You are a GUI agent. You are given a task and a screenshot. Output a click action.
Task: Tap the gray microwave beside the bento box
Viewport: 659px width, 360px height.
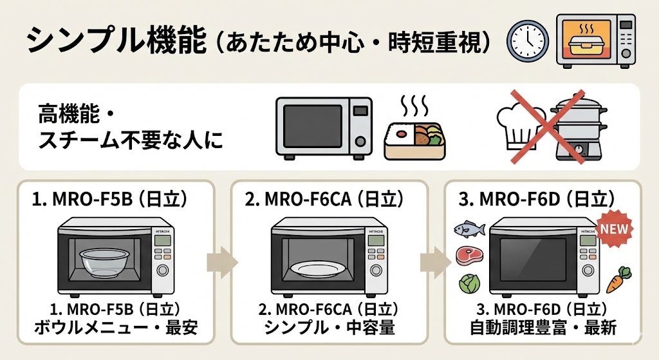pos(323,126)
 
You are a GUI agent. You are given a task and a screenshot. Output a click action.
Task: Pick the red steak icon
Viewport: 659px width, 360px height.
pos(467,256)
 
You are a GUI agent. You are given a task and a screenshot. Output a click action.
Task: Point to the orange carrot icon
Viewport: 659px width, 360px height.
pos(618,279)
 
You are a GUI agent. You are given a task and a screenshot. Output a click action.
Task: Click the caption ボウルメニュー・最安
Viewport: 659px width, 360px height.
pos(116,328)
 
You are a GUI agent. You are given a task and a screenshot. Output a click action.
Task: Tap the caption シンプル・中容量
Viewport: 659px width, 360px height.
pos(329,328)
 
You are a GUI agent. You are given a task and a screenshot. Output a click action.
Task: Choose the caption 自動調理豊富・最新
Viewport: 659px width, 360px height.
pos(543,328)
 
